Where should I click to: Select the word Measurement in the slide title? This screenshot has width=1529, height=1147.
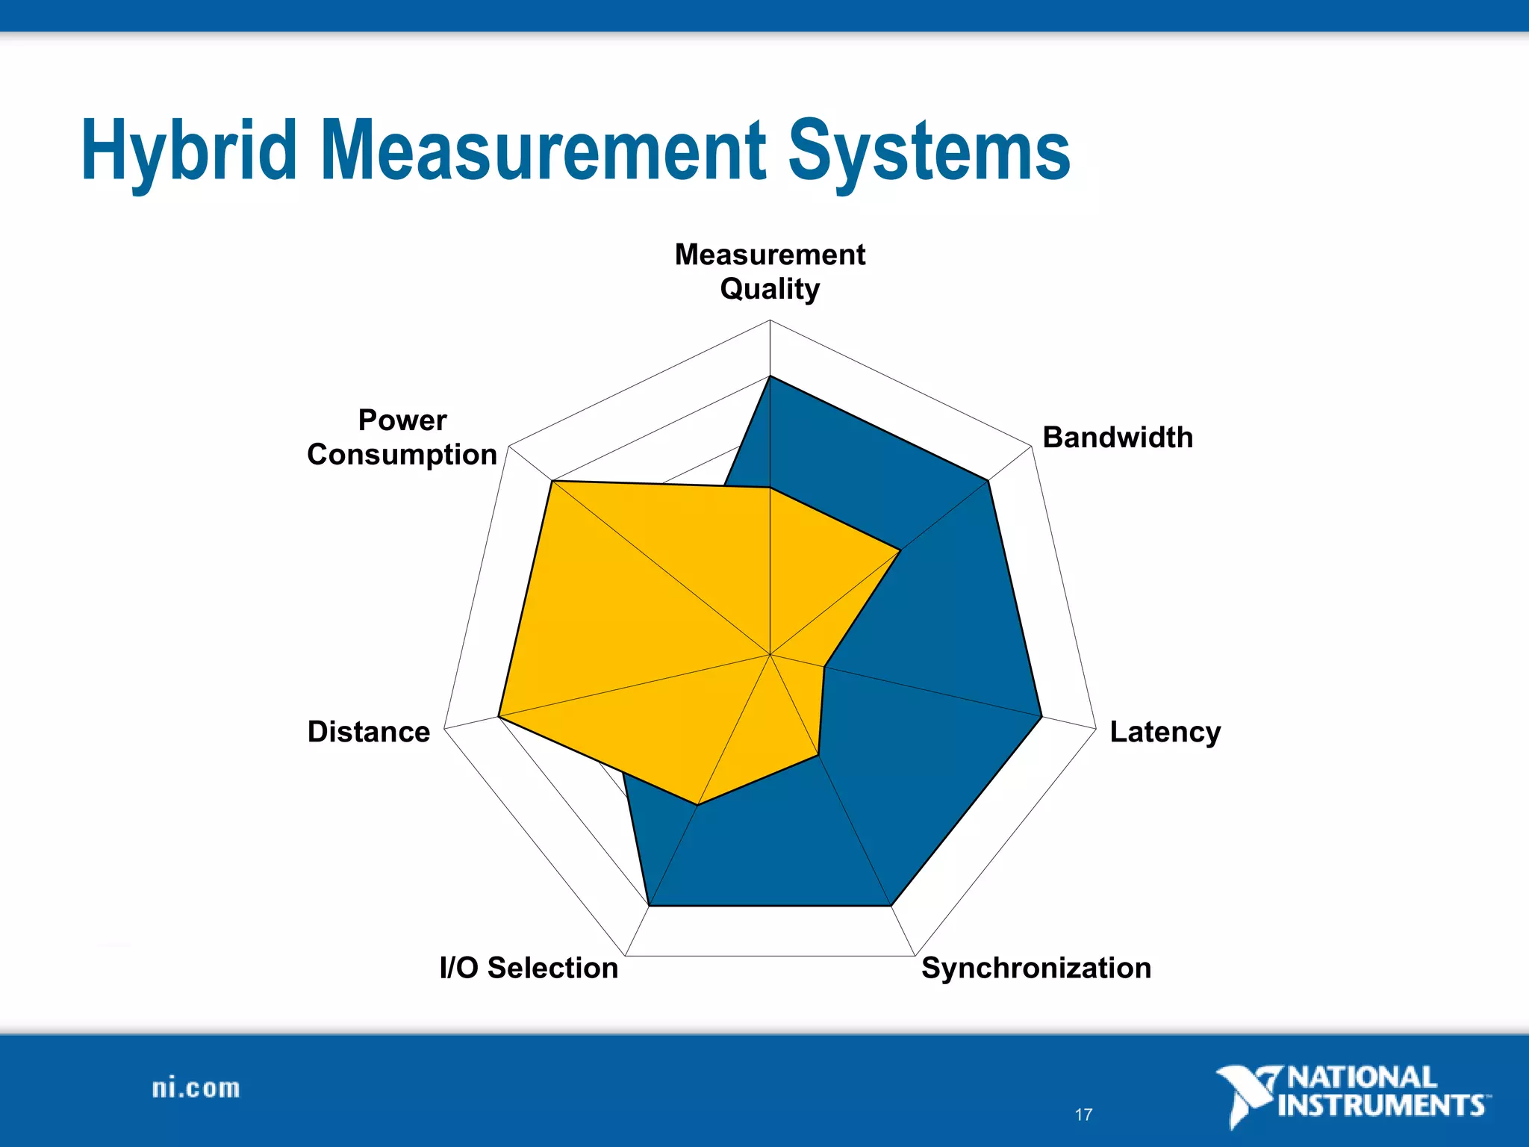544,152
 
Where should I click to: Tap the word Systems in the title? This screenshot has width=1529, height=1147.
929,152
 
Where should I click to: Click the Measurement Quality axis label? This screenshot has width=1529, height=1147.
770,271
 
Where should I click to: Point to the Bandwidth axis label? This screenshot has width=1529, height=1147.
1118,438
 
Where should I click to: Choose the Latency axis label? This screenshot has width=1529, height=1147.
1165,732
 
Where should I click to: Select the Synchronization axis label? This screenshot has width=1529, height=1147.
1036,968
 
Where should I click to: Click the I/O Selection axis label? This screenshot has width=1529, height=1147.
529,968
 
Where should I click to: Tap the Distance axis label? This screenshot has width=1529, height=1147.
369,732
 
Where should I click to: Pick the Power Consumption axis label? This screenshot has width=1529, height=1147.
402,438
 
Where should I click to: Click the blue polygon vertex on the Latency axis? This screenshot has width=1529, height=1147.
1041,717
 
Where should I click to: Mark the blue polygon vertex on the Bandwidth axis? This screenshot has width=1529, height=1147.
988,481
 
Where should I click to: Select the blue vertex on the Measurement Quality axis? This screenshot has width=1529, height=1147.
770,376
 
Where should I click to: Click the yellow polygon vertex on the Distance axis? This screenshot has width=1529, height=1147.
499,717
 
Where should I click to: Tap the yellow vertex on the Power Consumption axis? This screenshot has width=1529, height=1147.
552,482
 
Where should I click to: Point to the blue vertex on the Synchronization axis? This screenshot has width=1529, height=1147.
891,906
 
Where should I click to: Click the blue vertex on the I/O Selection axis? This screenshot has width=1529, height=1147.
650,906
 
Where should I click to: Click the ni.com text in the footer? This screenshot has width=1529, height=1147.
196,1088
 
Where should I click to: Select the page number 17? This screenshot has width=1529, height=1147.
1083,1115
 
